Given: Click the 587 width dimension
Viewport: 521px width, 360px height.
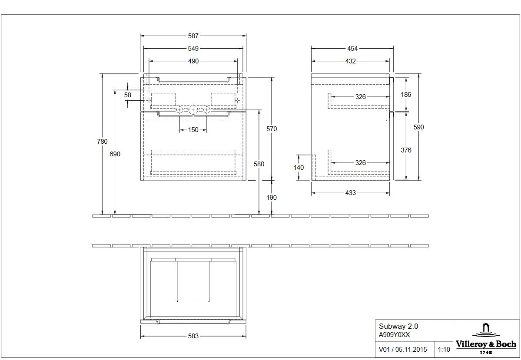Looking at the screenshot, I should [x=193, y=37].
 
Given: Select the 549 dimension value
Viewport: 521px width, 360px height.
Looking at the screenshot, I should [x=193, y=49].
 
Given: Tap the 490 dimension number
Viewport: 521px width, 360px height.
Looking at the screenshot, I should [x=193, y=61].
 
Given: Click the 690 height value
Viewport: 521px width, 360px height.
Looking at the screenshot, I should [x=115, y=154].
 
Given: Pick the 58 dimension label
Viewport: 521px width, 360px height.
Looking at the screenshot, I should [x=127, y=95].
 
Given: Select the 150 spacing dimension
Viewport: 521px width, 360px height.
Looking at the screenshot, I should [x=193, y=130].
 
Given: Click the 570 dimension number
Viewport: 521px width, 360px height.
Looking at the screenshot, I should [x=272, y=129].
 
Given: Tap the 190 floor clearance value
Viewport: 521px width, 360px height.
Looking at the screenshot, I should [x=272, y=197].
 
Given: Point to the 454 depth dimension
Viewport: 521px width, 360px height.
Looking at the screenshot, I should [x=352, y=49].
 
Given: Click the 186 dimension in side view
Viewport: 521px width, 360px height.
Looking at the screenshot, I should [x=406, y=94].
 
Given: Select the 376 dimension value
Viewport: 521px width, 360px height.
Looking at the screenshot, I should [x=406, y=150].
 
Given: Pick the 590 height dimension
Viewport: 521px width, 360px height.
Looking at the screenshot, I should [x=419, y=127].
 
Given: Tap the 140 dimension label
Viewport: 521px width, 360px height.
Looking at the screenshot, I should [x=299, y=167].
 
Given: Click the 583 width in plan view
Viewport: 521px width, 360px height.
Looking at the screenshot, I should [x=193, y=336].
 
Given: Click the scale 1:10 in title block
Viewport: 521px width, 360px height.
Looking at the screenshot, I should [x=444, y=349].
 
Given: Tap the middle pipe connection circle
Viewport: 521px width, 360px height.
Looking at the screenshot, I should [x=193, y=110].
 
